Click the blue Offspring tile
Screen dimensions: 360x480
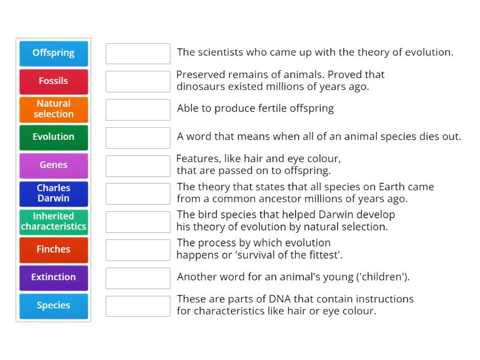(x=53, y=53)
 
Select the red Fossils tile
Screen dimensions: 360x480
(x=53, y=82)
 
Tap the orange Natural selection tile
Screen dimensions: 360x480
(x=53, y=109)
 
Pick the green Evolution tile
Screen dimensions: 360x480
(x=53, y=137)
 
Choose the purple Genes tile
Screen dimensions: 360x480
(x=53, y=166)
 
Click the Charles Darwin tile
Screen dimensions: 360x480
(x=53, y=193)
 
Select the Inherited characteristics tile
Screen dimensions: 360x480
(x=53, y=221)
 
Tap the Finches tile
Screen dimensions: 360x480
(x=53, y=250)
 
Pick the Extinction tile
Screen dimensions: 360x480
(x=53, y=278)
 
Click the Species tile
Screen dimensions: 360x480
(x=53, y=306)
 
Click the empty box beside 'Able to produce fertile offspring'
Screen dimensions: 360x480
(x=138, y=110)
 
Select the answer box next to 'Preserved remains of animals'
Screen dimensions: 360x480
(x=138, y=82)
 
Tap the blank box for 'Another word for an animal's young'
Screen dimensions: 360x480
(x=138, y=278)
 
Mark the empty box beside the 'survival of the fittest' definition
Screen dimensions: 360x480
(x=138, y=250)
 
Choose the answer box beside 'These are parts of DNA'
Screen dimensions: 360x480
(x=138, y=306)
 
